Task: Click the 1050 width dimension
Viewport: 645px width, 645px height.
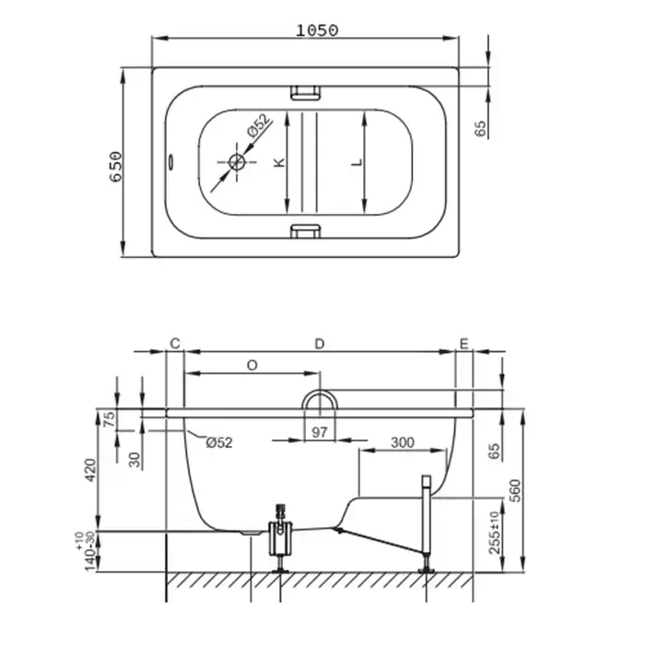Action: pyautogui.click(x=317, y=30)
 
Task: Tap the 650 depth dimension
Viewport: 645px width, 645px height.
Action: pyautogui.click(x=116, y=167)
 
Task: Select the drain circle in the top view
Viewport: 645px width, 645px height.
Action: pyautogui.click(x=237, y=161)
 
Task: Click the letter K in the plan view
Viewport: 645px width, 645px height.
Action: pyautogui.click(x=279, y=162)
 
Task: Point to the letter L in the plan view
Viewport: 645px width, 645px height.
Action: pyautogui.click(x=358, y=162)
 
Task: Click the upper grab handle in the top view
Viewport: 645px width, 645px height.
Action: pyautogui.click(x=305, y=92)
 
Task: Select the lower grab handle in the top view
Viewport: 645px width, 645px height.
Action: pyautogui.click(x=305, y=231)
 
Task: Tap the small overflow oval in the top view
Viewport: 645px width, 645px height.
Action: pyautogui.click(x=170, y=161)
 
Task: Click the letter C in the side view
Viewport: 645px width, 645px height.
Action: pyautogui.click(x=175, y=344)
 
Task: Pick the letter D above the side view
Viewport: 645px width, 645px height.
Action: pyautogui.click(x=320, y=344)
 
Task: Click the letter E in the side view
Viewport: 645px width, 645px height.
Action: pyautogui.click(x=464, y=344)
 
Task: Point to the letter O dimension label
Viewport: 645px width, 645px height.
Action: pyautogui.click(x=252, y=365)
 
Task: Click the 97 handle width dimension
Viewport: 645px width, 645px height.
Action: pyautogui.click(x=320, y=432)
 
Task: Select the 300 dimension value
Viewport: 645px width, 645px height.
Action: pyautogui.click(x=403, y=442)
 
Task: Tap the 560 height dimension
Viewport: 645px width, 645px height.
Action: pyautogui.click(x=514, y=490)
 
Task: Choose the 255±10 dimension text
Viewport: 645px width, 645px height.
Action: pyautogui.click(x=495, y=533)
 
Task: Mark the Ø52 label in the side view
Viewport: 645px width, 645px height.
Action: pyautogui.click(x=219, y=442)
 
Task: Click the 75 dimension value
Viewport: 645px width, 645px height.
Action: pyautogui.click(x=110, y=419)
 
